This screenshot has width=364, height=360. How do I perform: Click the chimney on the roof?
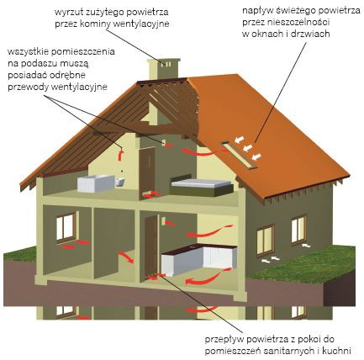[164, 68]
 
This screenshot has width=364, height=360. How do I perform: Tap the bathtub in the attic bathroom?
[96, 183]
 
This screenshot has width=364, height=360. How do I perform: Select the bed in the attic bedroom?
[202, 187]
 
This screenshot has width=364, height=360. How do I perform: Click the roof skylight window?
[240, 155]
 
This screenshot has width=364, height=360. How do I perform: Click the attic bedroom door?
[147, 172]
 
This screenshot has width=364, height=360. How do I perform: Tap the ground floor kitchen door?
[151, 246]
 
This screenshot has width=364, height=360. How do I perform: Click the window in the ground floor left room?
[66, 227]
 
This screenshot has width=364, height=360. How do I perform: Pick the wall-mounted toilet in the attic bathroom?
[120, 182]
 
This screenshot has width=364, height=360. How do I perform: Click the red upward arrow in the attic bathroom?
[120, 155]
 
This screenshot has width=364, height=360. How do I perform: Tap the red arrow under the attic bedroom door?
[152, 194]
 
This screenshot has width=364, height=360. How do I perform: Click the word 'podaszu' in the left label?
[41, 64]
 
